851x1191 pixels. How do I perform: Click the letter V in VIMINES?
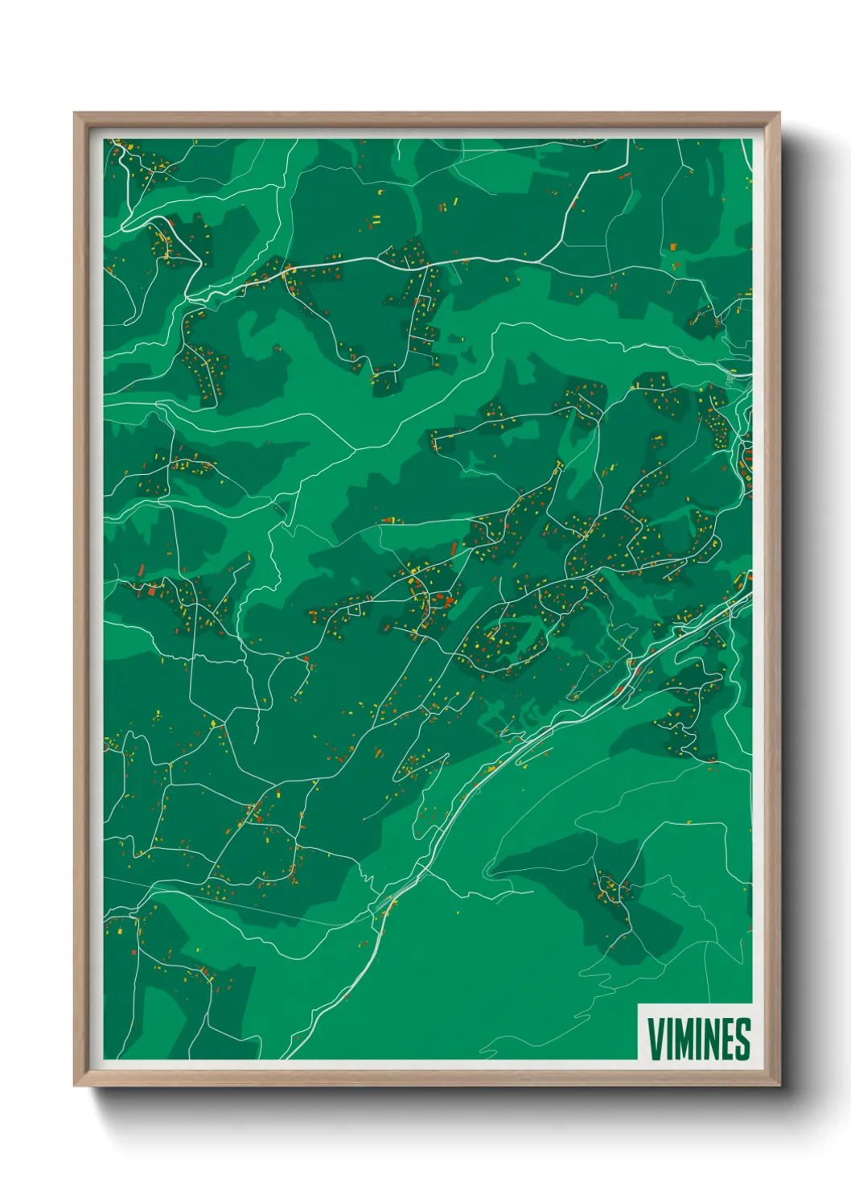click(656, 1040)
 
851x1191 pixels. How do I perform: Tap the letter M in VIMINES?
click(684, 1040)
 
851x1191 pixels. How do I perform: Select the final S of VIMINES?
click(742, 1040)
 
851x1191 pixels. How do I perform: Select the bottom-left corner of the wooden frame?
click(76, 1084)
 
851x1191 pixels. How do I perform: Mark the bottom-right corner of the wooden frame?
click(778, 1084)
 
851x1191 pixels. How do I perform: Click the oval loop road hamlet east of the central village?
click(507, 640)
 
